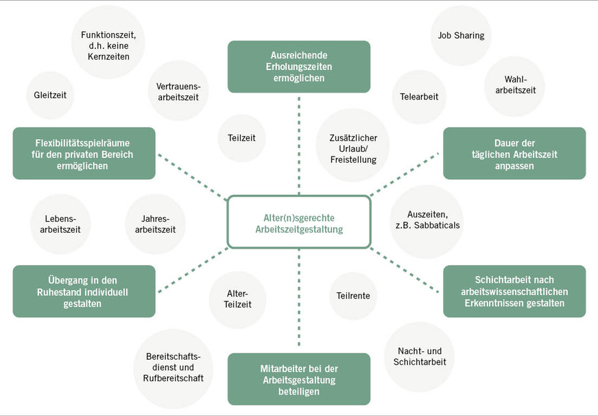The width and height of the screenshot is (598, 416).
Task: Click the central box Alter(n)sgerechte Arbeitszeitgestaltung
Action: pyautogui.click(x=298, y=222)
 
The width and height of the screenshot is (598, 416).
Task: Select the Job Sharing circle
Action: pyautogui.click(x=461, y=36)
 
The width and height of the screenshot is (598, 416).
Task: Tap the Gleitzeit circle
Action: pyautogui.click(x=50, y=95)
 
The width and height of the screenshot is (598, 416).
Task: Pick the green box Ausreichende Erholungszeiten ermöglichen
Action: pyautogui.click(x=298, y=67)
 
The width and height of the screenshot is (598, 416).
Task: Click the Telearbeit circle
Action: pyautogui.click(x=419, y=97)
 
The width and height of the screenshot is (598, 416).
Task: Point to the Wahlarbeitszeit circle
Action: pyautogui.click(x=514, y=86)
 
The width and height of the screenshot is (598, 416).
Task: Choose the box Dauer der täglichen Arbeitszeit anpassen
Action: pyautogui.click(x=514, y=154)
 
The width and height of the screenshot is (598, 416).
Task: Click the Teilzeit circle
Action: pyautogui.click(x=241, y=137)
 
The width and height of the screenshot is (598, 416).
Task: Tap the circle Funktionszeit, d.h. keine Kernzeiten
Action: pyautogui.click(x=109, y=41)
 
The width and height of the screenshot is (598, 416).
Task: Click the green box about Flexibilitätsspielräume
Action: pyautogui.click(x=84, y=154)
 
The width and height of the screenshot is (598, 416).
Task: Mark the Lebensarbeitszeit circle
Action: pyautogui.click(x=60, y=224)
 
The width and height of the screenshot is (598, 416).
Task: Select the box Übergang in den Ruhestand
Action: pyautogui.click(x=84, y=291)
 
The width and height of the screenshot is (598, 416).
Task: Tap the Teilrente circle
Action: pyautogui.click(x=354, y=296)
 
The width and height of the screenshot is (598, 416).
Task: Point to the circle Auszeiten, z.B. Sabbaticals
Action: pyautogui.click(x=425, y=220)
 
